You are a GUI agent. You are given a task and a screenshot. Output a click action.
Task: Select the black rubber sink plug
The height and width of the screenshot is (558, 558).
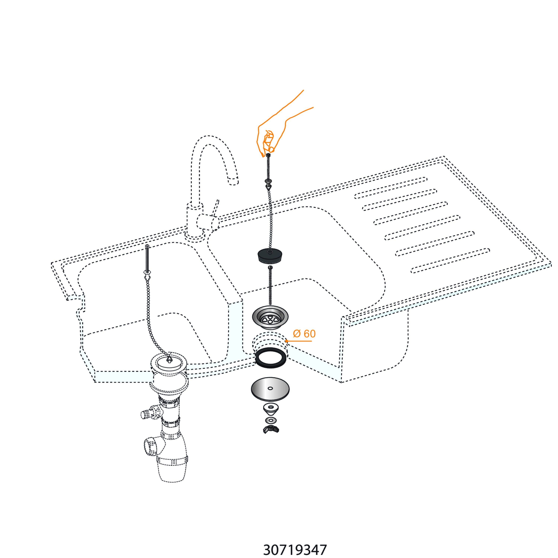(270, 256)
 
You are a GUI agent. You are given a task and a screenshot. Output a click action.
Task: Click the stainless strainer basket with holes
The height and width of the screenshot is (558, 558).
(271, 317)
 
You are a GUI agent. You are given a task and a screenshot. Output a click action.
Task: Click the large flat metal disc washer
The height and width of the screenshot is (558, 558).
(270, 389)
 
